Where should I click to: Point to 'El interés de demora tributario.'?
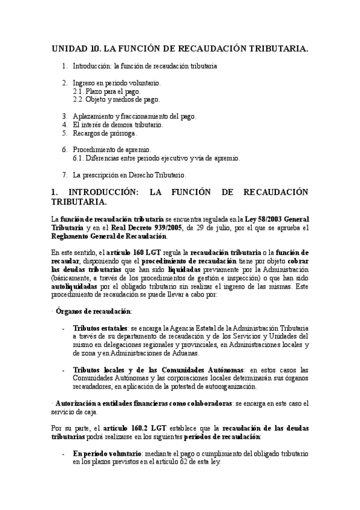(x=117, y=124)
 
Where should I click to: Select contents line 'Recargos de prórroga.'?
(x=105, y=133)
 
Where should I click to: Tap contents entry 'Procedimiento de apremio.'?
(x=112, y=149)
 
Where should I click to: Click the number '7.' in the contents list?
(x=65, y=175)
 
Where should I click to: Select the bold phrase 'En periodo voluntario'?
(x=106, y=452)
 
